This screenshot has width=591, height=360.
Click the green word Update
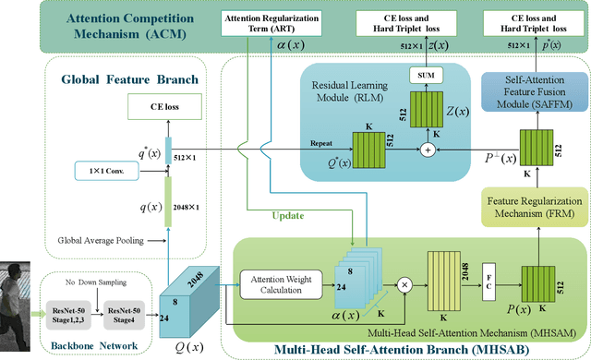click(287, 218)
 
